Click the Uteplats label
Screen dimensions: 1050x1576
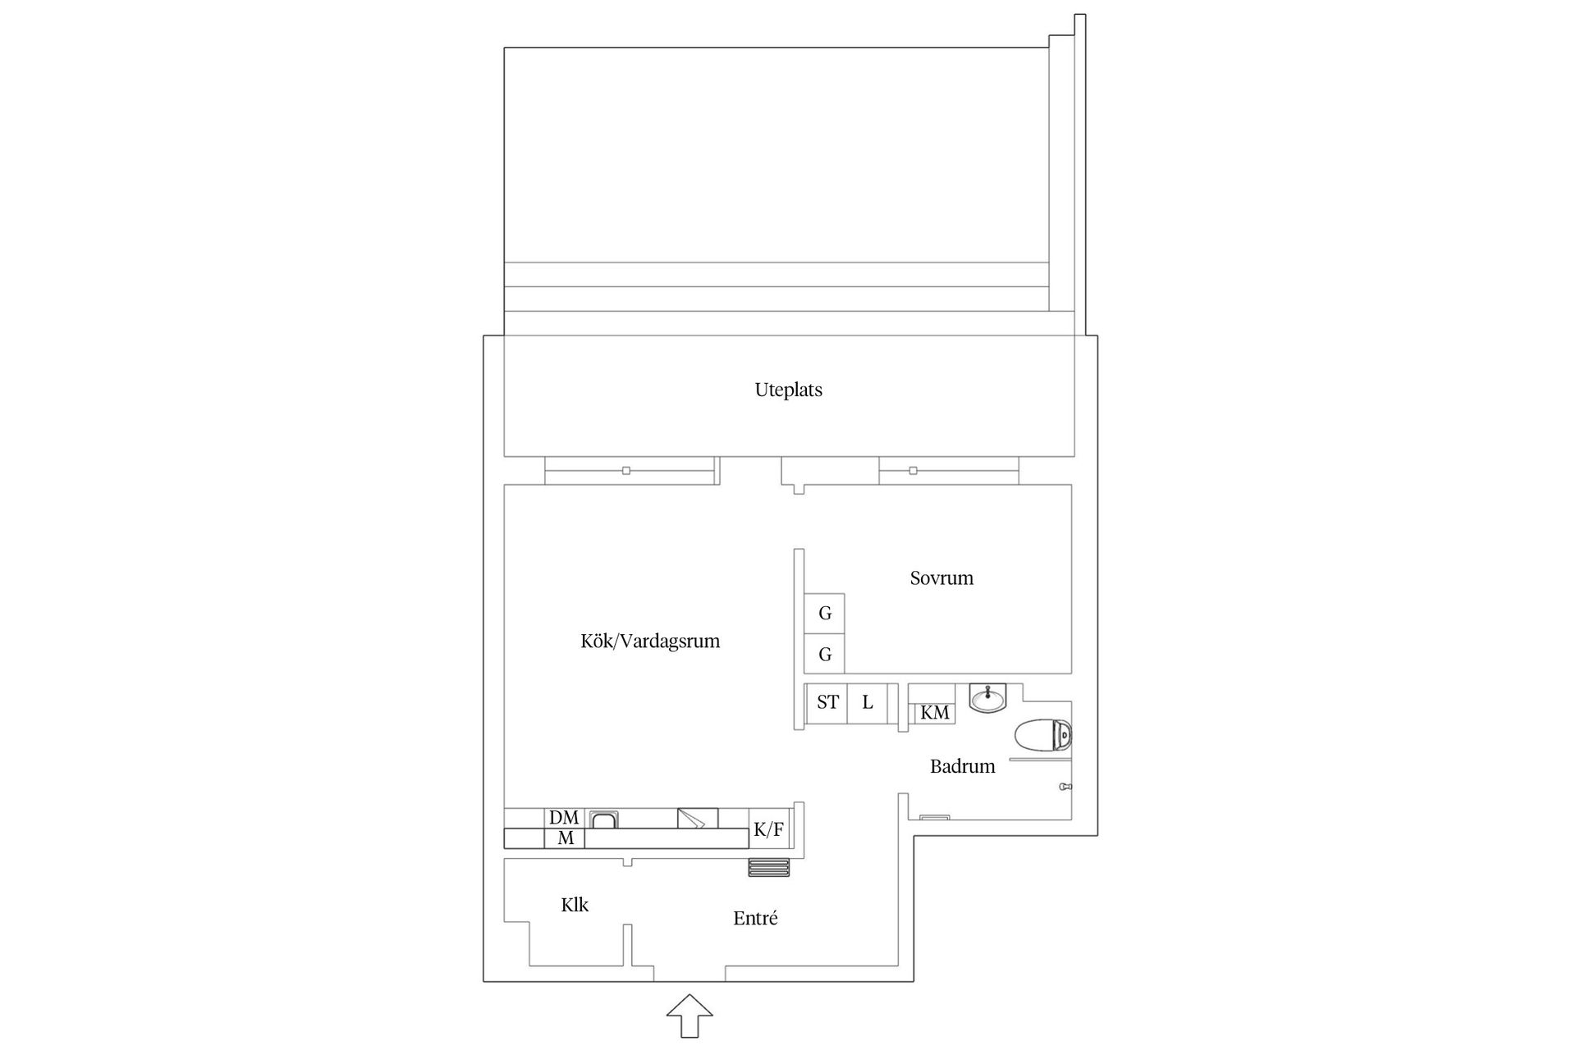(788, 390)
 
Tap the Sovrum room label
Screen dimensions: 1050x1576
(941, 578)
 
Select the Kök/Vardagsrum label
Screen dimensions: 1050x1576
(650, 641)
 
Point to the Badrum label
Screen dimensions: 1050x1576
(962, 767)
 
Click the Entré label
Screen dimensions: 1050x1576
(755, 919)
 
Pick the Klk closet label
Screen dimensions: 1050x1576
(575, 906)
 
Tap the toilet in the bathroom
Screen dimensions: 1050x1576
(1043, 735)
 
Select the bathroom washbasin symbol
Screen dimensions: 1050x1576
(988, 699)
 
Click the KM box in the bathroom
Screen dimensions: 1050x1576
(934, 713)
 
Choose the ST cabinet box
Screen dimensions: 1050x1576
(827, 703)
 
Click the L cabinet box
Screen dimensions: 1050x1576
(868, 703)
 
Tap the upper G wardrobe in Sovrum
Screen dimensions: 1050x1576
(825, 613)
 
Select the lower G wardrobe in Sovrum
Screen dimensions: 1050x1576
(825, 655)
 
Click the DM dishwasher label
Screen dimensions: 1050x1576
(564, 818)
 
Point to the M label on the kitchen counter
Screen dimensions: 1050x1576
(565, 838)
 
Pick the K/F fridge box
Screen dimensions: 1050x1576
(768, 830)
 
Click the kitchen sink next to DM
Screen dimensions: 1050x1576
(605, 819)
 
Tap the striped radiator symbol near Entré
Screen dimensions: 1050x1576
(769, 868)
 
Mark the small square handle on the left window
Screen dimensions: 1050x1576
(626, 471)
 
